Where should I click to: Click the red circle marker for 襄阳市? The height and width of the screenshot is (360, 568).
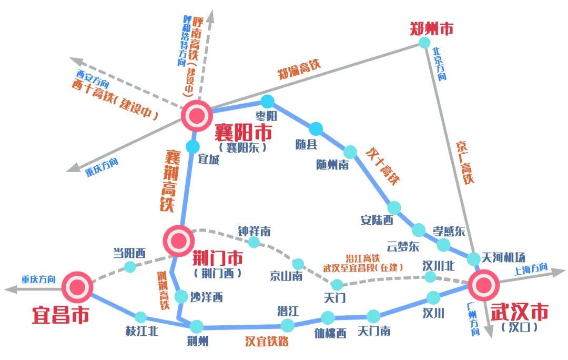click(x=197, y=116)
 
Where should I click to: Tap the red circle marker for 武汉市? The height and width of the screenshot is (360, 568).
click(x=484, y=285)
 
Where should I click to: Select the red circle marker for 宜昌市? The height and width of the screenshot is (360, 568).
click(x=77, y=287)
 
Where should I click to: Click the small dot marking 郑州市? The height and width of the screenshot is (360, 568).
click(x=424, y=43)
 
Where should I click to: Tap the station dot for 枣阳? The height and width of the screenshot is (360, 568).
click(x=268, y=101)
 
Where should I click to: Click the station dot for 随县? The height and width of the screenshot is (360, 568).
click(x=316, y=128)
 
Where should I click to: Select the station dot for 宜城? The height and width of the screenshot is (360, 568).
click(x=193, y=146)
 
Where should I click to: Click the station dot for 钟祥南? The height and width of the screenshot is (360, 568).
click(x=254, y=242)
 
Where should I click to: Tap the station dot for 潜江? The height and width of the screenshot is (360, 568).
click(x=287, y=325)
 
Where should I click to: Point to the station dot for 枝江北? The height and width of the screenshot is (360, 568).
click(x=140, y=317)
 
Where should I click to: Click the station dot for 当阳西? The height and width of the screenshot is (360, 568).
click(x=130, y=267)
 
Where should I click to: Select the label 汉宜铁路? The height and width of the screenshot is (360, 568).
click(x=267, y=341)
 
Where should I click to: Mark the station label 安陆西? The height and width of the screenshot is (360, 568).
click(x=377, y=220)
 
